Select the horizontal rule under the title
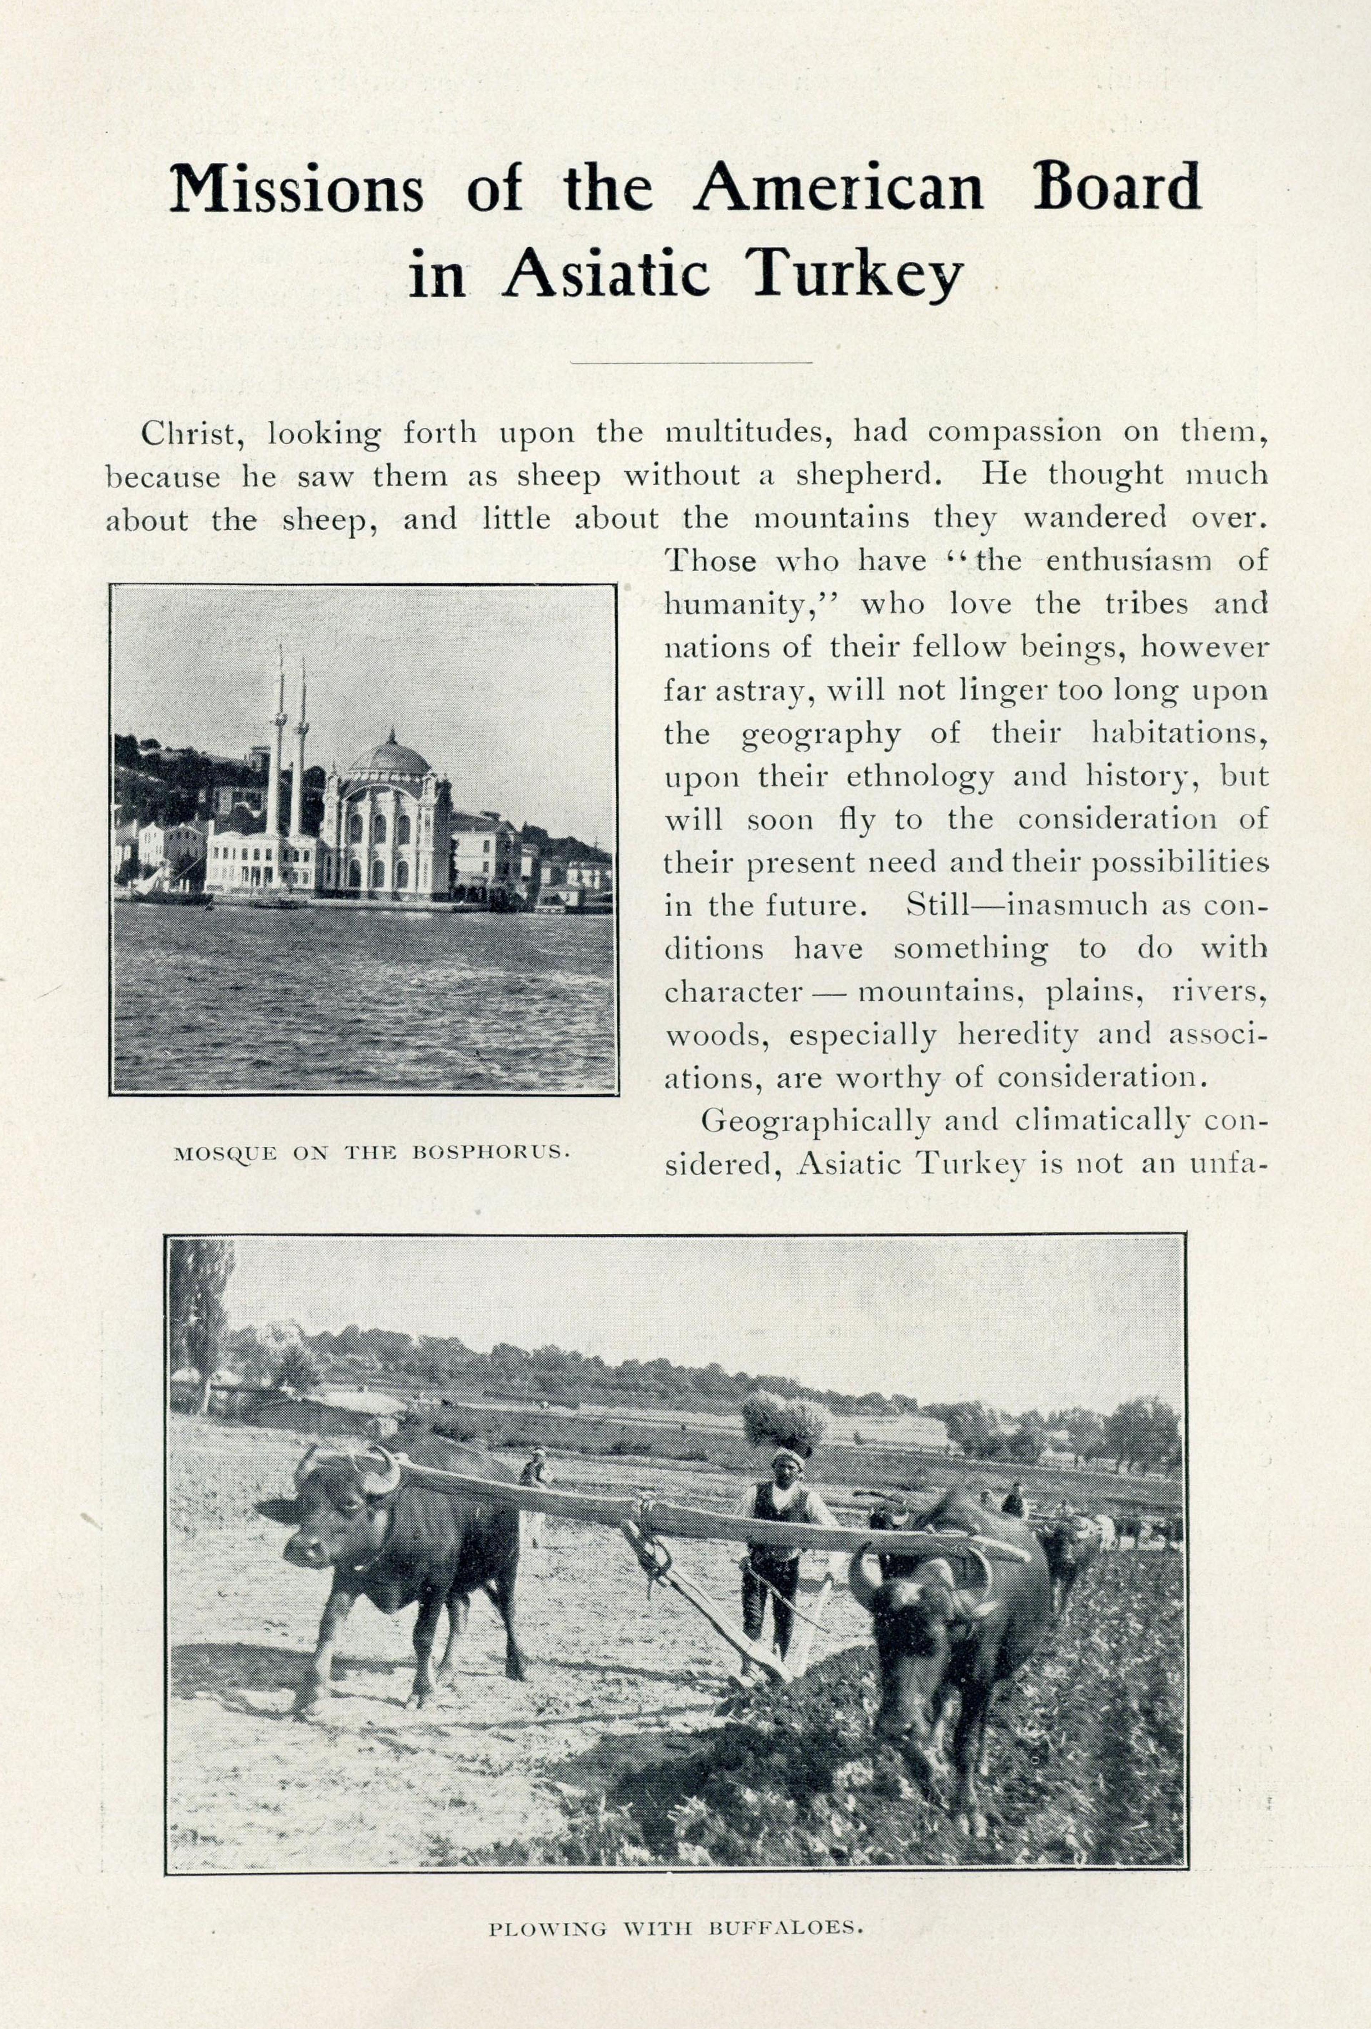690,362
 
